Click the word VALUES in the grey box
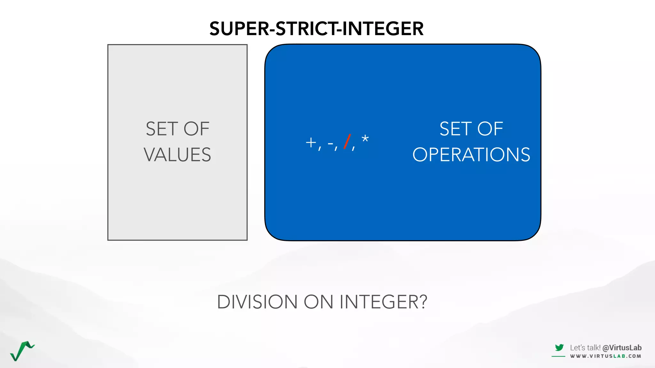(177, 155)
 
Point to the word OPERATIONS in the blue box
(471, 155)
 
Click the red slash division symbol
(347, 142)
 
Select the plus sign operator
(311, 142)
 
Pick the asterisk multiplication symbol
(365, 139)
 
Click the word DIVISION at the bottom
(257, 302)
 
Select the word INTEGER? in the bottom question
(383, 302)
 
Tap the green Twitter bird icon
(559, 348)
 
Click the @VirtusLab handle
(622, 348)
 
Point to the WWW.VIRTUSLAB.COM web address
(605, 356)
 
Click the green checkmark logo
(22, 351)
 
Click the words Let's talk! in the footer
(585, 348)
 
